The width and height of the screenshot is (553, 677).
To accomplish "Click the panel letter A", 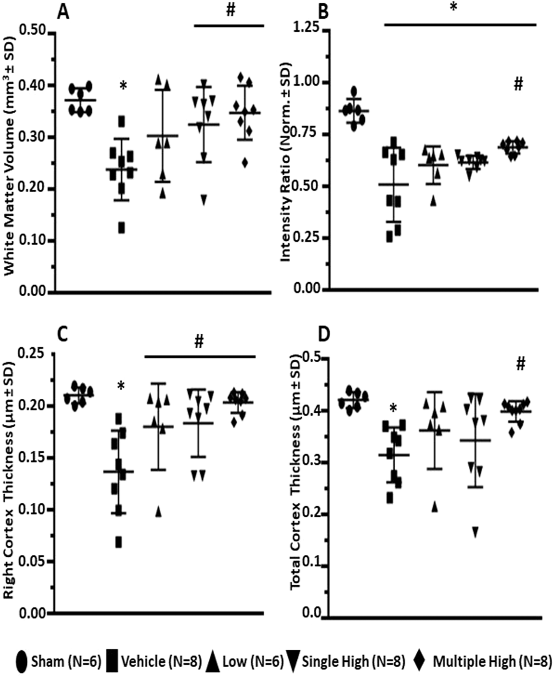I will (63, 12).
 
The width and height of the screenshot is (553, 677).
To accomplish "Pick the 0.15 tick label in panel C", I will (34, 458).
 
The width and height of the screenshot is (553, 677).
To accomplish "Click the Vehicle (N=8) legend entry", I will (154, 661).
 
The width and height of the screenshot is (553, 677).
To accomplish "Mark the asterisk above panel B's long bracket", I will (454, 7).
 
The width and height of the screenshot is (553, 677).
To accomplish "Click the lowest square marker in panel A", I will (122, 228).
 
